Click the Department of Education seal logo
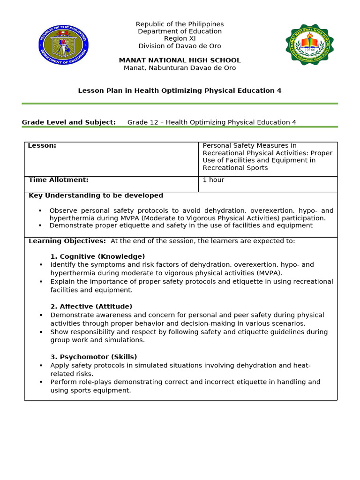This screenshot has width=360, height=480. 63,45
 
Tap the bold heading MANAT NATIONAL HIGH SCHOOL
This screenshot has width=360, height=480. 180,60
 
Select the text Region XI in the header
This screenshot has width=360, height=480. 180,38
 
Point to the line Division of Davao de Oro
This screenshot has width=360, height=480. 180,46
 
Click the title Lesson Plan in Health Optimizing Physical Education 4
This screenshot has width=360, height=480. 180,90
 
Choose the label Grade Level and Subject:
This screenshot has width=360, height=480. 68,122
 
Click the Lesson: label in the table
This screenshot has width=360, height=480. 42,146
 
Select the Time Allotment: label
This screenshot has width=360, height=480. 59,180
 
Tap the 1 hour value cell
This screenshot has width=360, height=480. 213,180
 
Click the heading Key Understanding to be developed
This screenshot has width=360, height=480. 96,195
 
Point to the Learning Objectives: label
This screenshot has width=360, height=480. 67,241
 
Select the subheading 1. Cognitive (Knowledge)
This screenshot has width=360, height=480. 97,256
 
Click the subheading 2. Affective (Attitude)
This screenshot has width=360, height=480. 91,307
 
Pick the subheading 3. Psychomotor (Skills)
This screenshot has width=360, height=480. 94,357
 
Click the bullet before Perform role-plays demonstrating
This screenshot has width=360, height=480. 41,382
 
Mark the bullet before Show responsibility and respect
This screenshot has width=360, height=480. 41,332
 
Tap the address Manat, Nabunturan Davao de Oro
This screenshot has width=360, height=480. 180,68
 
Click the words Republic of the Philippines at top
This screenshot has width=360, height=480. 180,24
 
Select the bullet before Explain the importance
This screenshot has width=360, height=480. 41,282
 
